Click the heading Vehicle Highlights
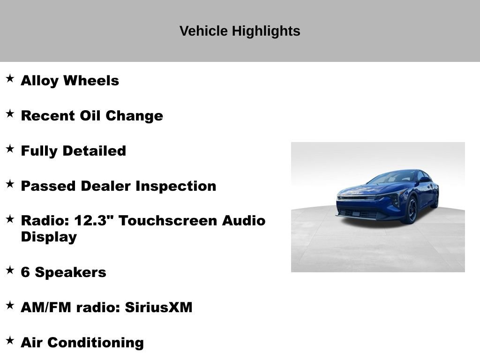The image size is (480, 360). click(x=240, y=31)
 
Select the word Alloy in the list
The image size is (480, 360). click(x=40, y=81)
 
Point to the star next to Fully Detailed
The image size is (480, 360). click(x=10, y=149)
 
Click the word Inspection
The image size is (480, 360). click(x=176, y=186)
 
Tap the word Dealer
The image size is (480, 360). click(x=106, y=186)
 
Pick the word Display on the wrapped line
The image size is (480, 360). click(x=49, y=237)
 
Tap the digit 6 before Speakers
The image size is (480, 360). click(x=25, y=272)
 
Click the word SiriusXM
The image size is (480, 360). click(x=158, y=307)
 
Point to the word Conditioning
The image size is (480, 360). click(x=96, y=343)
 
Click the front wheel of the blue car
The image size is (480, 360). click(x=412, y=210)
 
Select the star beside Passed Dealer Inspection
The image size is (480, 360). click(x=10, y=184)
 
